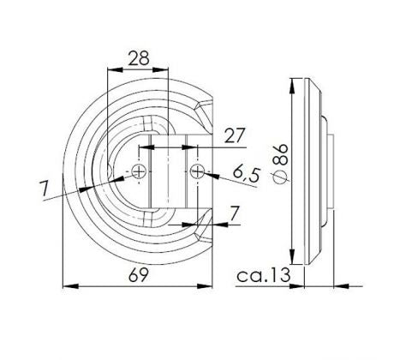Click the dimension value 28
pyautogui.click(x=139, y=58)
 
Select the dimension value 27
pyautogui.click(x=235, y=135)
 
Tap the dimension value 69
pyautogui.click(x=139, y=275)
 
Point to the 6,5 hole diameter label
pyautogui.click(x=247, y=175)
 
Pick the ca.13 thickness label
pyautogui.click(x=263, y=275)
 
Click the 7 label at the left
pyautogui.click(x=44, y=189)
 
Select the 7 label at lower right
pyautogui.click(x=234, y=213)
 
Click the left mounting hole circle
pyautogui.click(x=139, y=171)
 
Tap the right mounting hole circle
pyautogui.click(x=197, y=171)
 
